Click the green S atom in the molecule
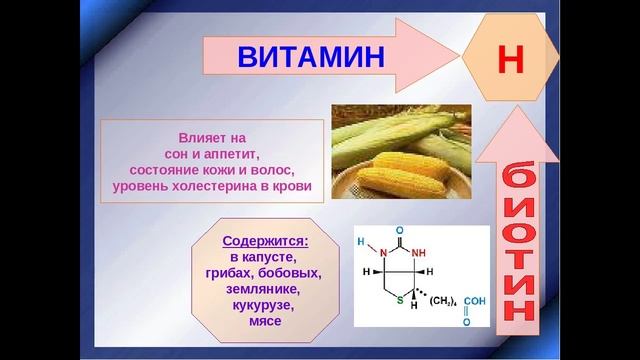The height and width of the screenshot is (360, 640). tap(398, 299)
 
